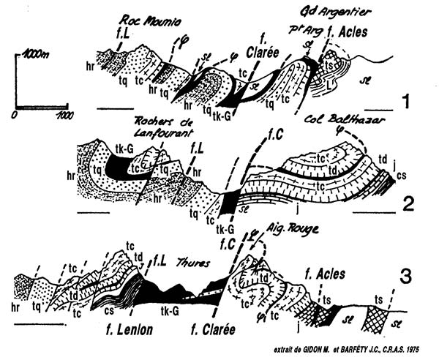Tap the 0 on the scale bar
click(x=15, y=116)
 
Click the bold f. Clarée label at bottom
click(x=213, y=329)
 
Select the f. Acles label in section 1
click(x=342, y=33)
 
